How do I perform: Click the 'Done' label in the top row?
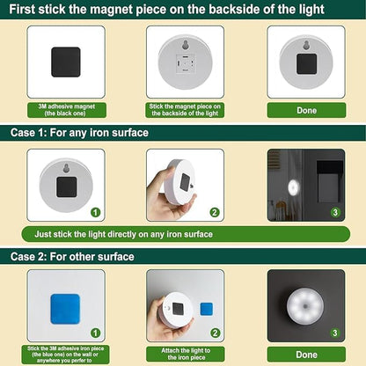click(305, 111)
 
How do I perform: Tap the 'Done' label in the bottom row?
click(305, 354)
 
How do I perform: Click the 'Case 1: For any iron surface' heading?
click(79, 133)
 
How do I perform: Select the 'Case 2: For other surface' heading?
click(72, 257)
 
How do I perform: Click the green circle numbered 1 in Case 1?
click(96, 212)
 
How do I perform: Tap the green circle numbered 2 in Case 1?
click(215, 212)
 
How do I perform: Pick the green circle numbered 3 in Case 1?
click(335, 212)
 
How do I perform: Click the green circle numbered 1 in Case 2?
click(96, 333)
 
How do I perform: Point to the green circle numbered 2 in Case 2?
click(215, 333)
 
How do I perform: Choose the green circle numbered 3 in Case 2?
click(335, 333)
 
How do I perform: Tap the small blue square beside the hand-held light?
click(206, 309)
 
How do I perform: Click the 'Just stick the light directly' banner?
click(123, 235)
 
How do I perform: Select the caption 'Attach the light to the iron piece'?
click(185, 354)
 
